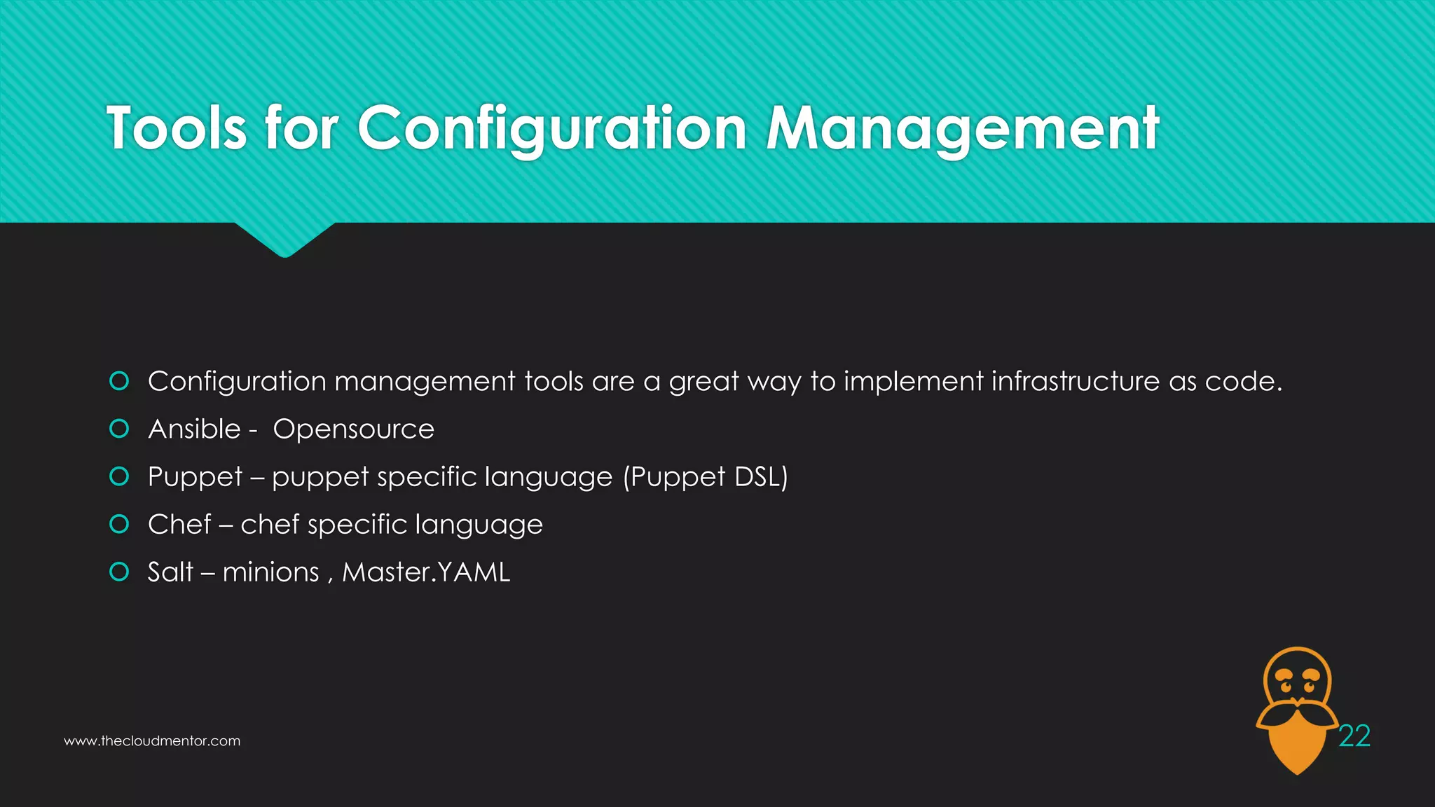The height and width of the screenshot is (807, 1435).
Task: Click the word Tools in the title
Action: click(177, 128)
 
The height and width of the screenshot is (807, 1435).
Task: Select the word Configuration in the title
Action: click(552, 128)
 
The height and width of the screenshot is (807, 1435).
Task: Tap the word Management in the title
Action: click(963, 128)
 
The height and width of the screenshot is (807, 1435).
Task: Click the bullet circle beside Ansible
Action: click(120, 429)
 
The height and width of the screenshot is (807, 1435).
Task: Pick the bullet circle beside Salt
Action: click(120, 572)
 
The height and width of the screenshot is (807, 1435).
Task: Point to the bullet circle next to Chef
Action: click(120, 524)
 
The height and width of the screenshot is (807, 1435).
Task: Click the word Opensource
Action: click(353, 429)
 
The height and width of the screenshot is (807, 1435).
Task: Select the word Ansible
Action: click(194, 429)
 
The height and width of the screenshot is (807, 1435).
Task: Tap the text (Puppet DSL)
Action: click(706, 477)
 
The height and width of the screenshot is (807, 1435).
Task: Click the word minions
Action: click(270, 572)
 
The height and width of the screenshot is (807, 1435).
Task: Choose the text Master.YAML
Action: click(426, 572)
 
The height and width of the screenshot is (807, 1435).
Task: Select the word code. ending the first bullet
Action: click(1243, 381)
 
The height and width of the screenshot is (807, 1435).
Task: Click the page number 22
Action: click(1354, 736)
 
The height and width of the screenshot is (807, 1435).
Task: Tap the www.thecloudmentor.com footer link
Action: click(152, 741)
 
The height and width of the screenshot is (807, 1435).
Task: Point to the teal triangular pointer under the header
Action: click(284, 238)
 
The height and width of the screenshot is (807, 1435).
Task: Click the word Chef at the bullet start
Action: click(179, 524)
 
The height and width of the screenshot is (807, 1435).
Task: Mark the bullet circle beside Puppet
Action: click(120, 477)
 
